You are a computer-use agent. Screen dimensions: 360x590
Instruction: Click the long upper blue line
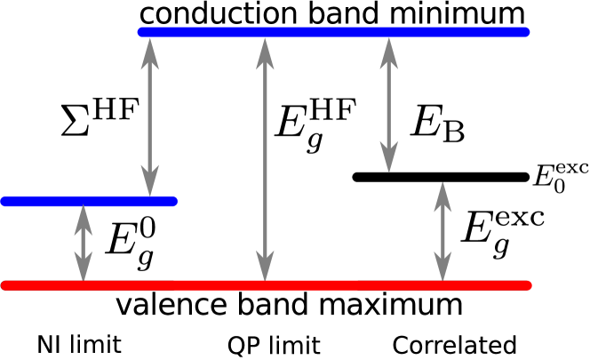333,32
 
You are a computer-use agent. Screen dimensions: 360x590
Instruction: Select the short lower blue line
89,201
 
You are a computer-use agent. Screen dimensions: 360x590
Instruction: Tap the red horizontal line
267,285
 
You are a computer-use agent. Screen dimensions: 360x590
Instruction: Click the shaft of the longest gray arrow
265,160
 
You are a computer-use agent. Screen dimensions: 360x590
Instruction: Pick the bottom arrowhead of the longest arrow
265,267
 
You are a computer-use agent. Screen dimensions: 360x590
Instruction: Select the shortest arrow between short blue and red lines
84,243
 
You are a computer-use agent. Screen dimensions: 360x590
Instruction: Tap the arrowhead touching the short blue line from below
84,218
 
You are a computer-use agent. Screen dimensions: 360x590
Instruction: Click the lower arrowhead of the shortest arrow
84,268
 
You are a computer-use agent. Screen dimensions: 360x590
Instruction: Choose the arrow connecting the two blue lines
150,116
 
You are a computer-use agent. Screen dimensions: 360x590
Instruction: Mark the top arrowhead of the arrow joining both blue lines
150,51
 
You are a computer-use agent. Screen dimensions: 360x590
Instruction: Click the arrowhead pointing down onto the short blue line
150,181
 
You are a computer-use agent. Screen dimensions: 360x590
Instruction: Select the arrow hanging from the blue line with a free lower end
388,102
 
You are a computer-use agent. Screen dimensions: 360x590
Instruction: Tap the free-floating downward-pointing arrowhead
388,157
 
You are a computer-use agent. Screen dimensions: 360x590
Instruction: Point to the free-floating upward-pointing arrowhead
442,196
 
